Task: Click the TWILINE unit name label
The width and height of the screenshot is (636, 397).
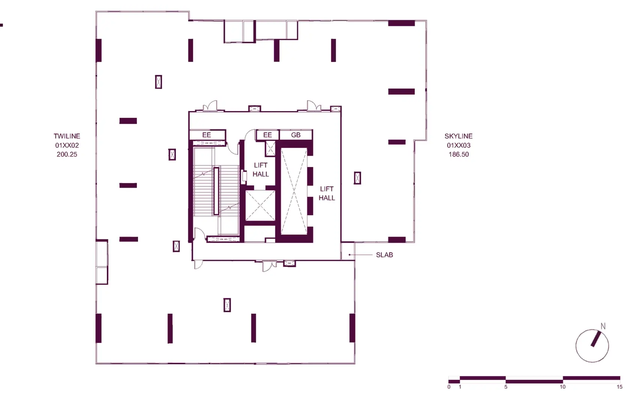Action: (67, 136)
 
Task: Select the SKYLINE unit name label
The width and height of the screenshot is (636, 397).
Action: (459, 136)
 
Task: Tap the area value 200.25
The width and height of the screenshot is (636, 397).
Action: (67, 154)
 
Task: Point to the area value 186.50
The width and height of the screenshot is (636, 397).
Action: (459, 154)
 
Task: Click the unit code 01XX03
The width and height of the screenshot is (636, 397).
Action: (459, 145)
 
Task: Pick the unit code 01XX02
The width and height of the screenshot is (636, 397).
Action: (67, 145)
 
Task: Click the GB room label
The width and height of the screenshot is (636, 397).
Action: (295, 135)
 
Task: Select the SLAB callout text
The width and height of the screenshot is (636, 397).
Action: (384, 255)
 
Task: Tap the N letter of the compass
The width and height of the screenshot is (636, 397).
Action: (603, 326)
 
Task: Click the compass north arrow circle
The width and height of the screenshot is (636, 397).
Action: (576, 346)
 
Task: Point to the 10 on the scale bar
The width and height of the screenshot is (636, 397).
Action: (562, 387)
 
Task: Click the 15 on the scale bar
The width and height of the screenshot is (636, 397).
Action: (619, 387)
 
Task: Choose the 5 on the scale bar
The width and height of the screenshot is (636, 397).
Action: (505, 387)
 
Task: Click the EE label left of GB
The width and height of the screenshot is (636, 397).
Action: (267, 135)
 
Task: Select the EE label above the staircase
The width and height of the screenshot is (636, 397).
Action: (206, 135)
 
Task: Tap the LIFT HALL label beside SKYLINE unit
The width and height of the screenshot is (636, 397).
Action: (327, 193)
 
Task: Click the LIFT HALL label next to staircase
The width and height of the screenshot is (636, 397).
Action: (261, 170)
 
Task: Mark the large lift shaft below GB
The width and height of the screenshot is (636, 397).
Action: (294, 191)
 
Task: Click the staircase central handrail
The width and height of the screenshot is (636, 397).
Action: (216, 191)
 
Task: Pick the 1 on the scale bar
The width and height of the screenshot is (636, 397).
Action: (460, 387)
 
